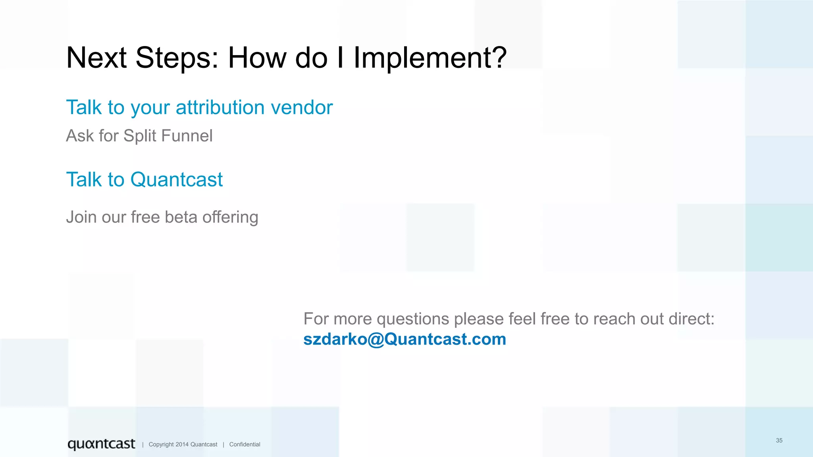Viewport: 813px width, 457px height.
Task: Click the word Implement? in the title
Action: click(430, 58)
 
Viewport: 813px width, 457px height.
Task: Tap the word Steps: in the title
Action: click(177, 58)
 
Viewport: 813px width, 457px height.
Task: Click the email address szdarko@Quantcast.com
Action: click(405, 339)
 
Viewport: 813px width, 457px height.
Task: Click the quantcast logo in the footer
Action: click(101, 444)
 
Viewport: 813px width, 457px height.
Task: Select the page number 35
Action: click(779, 440)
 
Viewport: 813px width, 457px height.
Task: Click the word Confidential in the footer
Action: click(245, 444)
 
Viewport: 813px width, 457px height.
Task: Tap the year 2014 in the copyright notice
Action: click(182, 444)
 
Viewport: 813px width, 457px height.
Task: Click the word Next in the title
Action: click(96, 58)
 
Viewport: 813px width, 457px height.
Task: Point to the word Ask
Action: click(80, 136)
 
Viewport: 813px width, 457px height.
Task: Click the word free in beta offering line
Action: click(145, 217)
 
